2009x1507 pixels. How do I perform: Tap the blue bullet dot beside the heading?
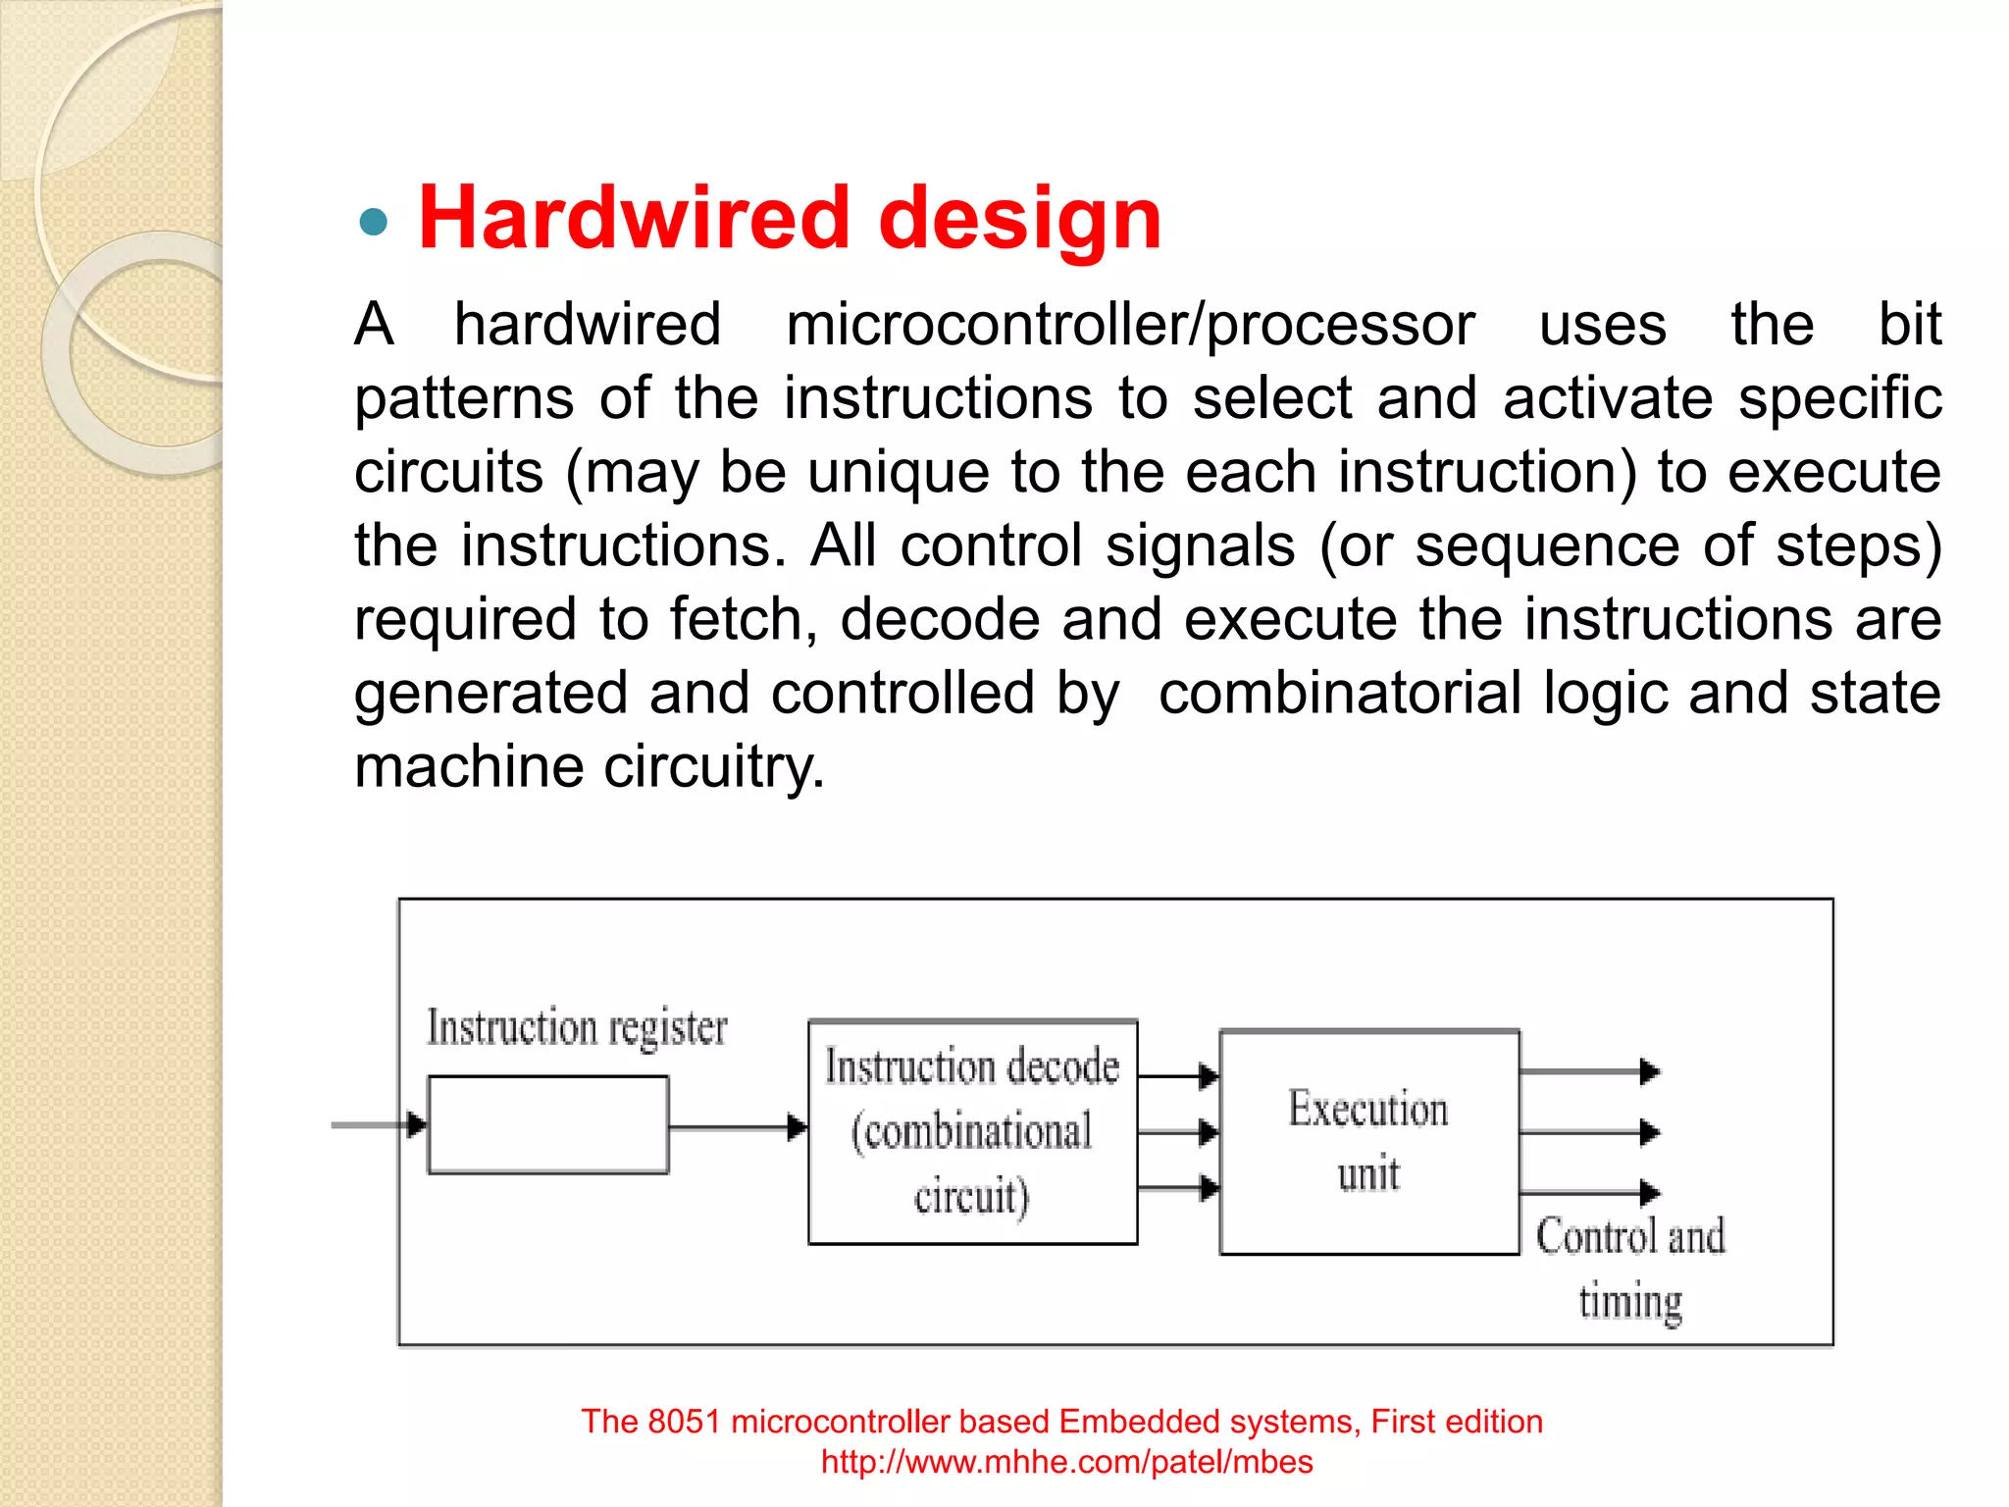(374, 223)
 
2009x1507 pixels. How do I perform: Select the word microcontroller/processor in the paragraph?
(1130, 325)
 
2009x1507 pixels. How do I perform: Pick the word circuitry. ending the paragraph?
(713, 766)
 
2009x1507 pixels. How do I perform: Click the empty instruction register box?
(548, 1124)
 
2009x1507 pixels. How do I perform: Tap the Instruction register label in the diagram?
(577, 1028)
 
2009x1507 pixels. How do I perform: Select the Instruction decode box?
(972, 1131)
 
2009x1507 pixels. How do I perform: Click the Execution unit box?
(1368, 1142)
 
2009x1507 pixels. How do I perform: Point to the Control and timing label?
(1630, 1269)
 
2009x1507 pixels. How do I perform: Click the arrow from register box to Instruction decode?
(738, 1127)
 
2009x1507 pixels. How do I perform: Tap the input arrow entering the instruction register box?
(379, 1124)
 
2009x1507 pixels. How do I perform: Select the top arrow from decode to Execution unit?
(1178, 1076)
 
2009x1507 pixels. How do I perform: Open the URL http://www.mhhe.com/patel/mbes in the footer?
(1066, 1462)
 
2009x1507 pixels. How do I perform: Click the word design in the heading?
(1019, 218)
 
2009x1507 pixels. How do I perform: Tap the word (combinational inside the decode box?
(971, 1132)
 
